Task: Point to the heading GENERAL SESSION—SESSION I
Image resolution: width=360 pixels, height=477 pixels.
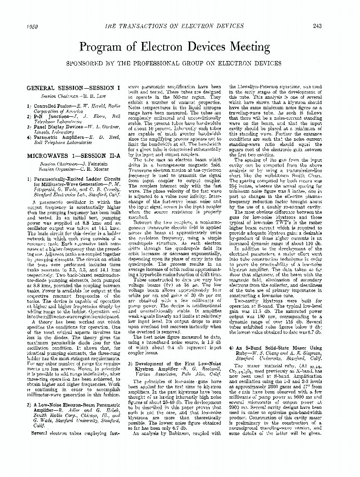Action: tap(73, 88)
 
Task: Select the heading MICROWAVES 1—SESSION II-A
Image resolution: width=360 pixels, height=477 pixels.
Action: tap(72, 156)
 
